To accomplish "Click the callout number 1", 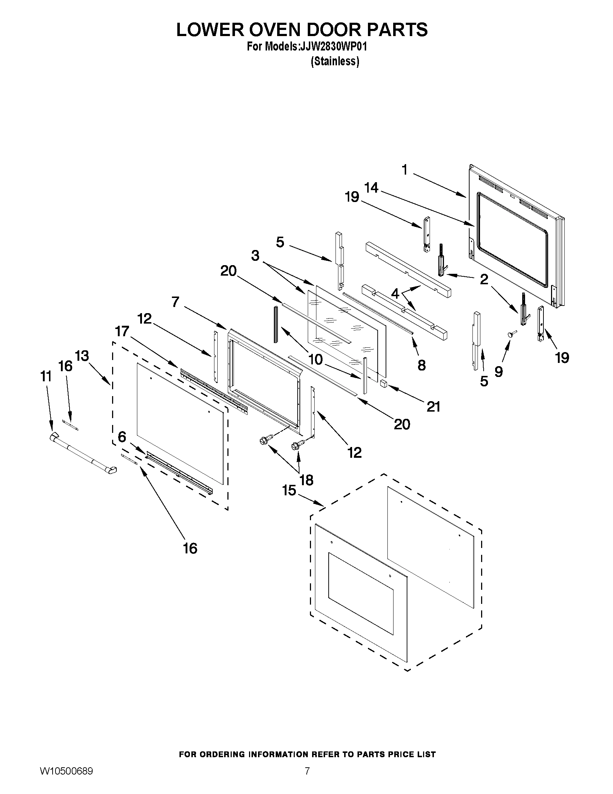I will click(x=405, y=170).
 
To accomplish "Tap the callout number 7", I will click(x=176, y=301).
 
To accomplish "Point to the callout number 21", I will click(x=433, y=407).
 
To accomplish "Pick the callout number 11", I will click(x=46, y=377).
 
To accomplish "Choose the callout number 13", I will click(x=82, y=356).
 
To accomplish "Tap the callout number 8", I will click(x=422, y=365).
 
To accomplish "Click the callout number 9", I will click(x=499, y=372).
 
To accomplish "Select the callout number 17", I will click(x=122, y=331).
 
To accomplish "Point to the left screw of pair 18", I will click(x=262, y=441).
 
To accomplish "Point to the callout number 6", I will click(x=122, y=436).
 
